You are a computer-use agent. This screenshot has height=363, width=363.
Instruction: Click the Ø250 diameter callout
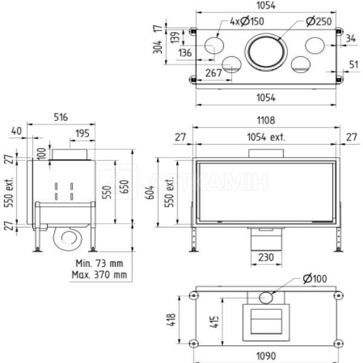319,22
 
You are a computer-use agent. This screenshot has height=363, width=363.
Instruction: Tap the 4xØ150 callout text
247,21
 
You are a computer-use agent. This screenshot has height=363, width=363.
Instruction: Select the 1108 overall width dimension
266,120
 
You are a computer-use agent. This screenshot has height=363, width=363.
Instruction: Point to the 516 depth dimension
61,117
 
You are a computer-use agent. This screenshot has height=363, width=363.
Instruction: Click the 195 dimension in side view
82,133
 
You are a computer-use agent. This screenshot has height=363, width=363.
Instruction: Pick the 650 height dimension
125,186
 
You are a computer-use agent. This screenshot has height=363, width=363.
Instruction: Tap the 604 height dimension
150,192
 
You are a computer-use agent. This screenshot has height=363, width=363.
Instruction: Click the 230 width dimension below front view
266,258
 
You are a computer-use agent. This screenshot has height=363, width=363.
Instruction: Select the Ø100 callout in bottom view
315,278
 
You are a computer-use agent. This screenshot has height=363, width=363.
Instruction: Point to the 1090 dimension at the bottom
266,356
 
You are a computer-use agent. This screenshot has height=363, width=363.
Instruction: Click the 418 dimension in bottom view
171,320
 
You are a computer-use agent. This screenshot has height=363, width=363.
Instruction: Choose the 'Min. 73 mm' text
99,263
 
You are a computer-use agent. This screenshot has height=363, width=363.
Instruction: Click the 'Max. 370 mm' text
99,275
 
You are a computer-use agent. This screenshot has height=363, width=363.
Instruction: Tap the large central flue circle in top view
266,52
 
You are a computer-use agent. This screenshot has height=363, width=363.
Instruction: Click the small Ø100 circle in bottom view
266,298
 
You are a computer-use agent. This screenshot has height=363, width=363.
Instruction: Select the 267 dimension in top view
214,73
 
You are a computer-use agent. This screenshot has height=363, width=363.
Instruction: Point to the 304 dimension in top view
158,47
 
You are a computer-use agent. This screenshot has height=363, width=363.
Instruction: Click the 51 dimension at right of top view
353,65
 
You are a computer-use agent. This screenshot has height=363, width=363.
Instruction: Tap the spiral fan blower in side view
67,239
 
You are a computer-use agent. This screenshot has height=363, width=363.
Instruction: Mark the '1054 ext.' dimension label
266,137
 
